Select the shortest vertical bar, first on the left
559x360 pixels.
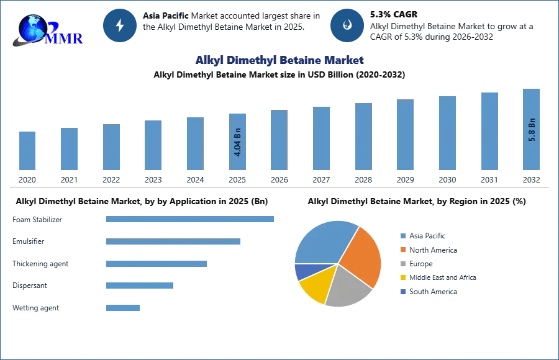pos(27,151)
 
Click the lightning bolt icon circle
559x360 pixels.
pos(120,25)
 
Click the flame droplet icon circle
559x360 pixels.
pos(347,25)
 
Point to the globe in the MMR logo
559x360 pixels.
pos(31,27)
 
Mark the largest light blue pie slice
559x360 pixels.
pos(323,242)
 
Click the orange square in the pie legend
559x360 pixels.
pos(402,250)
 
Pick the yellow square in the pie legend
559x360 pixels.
pos(402,278)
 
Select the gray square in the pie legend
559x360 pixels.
pos(402,264)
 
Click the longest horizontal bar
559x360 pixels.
pos(191,218)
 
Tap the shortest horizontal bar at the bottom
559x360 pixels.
pos(124,307)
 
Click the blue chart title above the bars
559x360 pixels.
pos(279,60)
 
